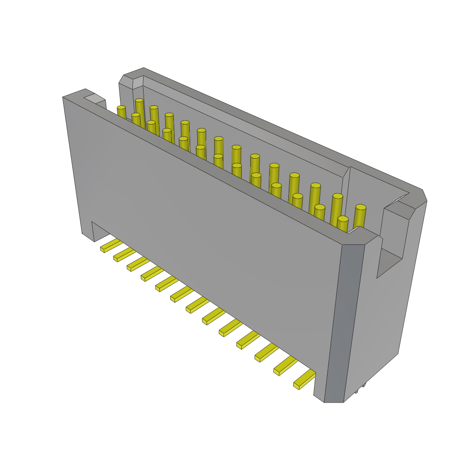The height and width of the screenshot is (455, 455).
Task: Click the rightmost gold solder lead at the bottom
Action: [x=304, y=379]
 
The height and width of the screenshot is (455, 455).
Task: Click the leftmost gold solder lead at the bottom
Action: [x=111, y=245]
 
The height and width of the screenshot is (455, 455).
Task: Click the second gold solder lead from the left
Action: [x=124, y=255]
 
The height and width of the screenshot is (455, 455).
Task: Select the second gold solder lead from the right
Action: [x=285, y=366]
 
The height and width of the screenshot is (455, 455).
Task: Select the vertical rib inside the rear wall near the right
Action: [x=347, y=196]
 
